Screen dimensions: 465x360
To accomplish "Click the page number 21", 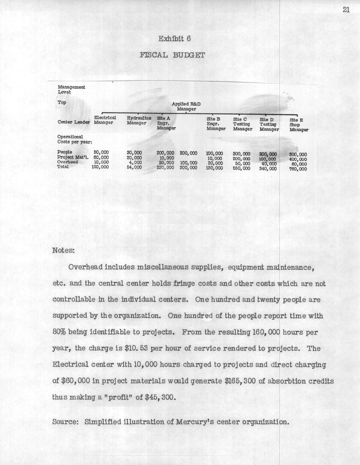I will click(347, 10).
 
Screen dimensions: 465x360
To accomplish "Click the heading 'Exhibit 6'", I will click(174, 39).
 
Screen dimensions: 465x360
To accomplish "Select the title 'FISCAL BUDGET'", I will click(172, 55).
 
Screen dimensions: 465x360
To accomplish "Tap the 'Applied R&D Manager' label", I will click(186, 106).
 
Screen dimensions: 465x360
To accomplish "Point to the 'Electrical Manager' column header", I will click(105, 120).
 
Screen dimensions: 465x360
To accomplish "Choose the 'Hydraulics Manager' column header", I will click(139, 120).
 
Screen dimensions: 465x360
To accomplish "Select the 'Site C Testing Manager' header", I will click(242, 123).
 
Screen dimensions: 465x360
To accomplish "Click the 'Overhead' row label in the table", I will click(67, 162).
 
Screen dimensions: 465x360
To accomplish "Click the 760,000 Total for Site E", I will click(298, 169).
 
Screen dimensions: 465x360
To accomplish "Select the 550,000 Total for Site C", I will click(241, 168).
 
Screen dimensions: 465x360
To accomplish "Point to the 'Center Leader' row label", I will click(74, 122).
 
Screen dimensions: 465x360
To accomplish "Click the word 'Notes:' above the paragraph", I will click(63, 250).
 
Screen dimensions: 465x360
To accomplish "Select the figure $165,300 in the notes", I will click(243, 381).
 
